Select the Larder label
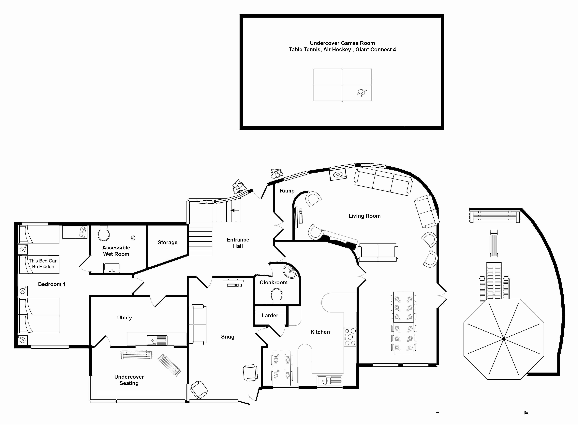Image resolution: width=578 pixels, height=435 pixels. (x=270, y=315)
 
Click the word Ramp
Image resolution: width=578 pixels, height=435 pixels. (x=287, y=191)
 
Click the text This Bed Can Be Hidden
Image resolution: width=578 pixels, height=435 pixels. (x=43, y=264)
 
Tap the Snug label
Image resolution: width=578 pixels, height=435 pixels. (x=228, y=337)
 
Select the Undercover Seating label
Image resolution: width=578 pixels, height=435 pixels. (x=129, y=380)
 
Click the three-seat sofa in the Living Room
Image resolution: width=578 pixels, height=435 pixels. (x=383, y=181)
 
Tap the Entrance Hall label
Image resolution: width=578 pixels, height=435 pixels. (x=238, y=243)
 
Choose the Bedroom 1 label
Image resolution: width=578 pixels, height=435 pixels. (x=52, y=284)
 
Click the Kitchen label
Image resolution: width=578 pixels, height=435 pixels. (x=320, y=332)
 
